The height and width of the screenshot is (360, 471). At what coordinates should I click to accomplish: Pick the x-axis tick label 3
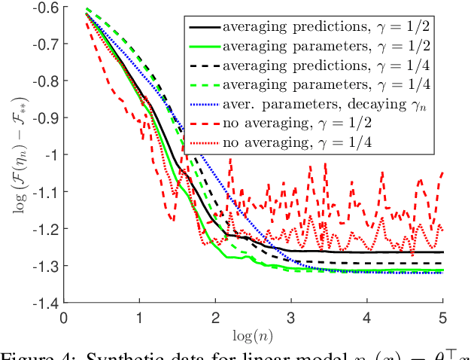[x=291, y=316]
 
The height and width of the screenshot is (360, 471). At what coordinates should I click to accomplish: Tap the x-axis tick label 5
[x=442, y=316]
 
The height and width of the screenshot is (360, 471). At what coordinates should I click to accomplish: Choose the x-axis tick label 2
[x=215, y=316]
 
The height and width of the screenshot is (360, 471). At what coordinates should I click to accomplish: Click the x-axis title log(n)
[x=253, y=332]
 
